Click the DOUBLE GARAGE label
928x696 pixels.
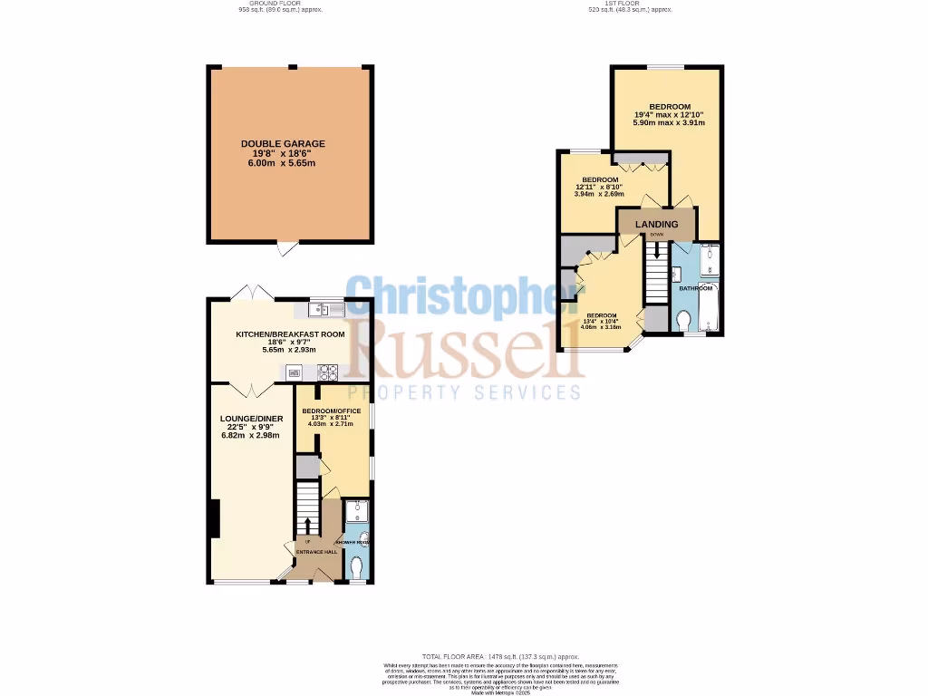tap(283, 143)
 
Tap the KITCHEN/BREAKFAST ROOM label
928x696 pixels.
tap(290, 334)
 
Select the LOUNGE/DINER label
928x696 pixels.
tap(252, 418)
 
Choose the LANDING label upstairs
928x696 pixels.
tap(656, 224)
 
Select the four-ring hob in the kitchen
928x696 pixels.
tap(327, 371)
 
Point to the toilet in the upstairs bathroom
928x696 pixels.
tap(685, 320)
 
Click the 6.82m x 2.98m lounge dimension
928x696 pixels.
tap(252, 435)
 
